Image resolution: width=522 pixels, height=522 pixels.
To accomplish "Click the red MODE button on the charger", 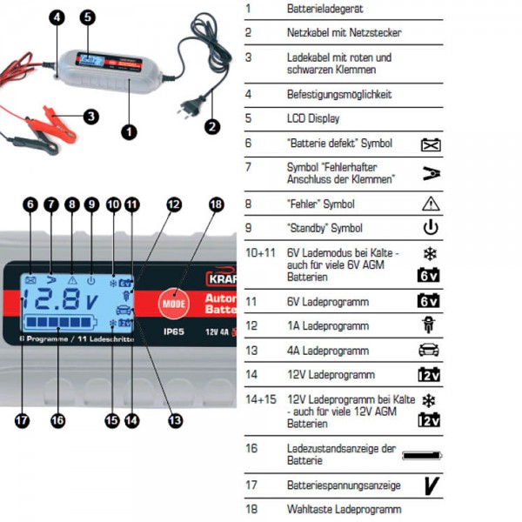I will coord(171,304).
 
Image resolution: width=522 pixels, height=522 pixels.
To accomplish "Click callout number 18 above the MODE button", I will coord(217,204).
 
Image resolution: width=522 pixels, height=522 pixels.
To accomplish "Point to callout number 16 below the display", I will coord(57,420).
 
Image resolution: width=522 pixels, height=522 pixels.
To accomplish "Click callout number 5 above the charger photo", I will coord(87,17).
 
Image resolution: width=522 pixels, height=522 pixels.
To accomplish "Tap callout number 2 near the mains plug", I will coord(211,124).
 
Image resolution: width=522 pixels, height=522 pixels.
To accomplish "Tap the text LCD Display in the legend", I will coord(313,117).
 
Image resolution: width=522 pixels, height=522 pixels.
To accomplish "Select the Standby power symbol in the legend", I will coord(430,229).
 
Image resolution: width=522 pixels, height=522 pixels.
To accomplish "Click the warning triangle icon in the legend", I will coord(430,203).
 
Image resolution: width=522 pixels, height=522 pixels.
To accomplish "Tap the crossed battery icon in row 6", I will coord(430,143).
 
